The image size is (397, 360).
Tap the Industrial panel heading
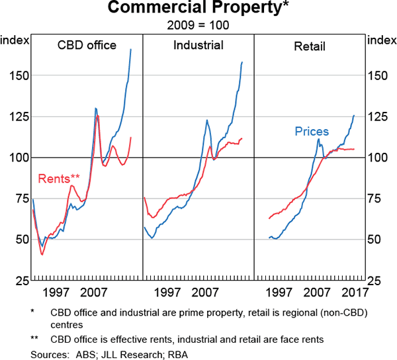[198, 46]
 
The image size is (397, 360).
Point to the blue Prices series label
[312, 131]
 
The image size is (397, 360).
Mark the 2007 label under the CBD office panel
[94, 292]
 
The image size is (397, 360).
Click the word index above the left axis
[15, 40]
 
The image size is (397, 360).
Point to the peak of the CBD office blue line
[130, 49]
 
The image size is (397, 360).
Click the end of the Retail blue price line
[354, 115]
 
